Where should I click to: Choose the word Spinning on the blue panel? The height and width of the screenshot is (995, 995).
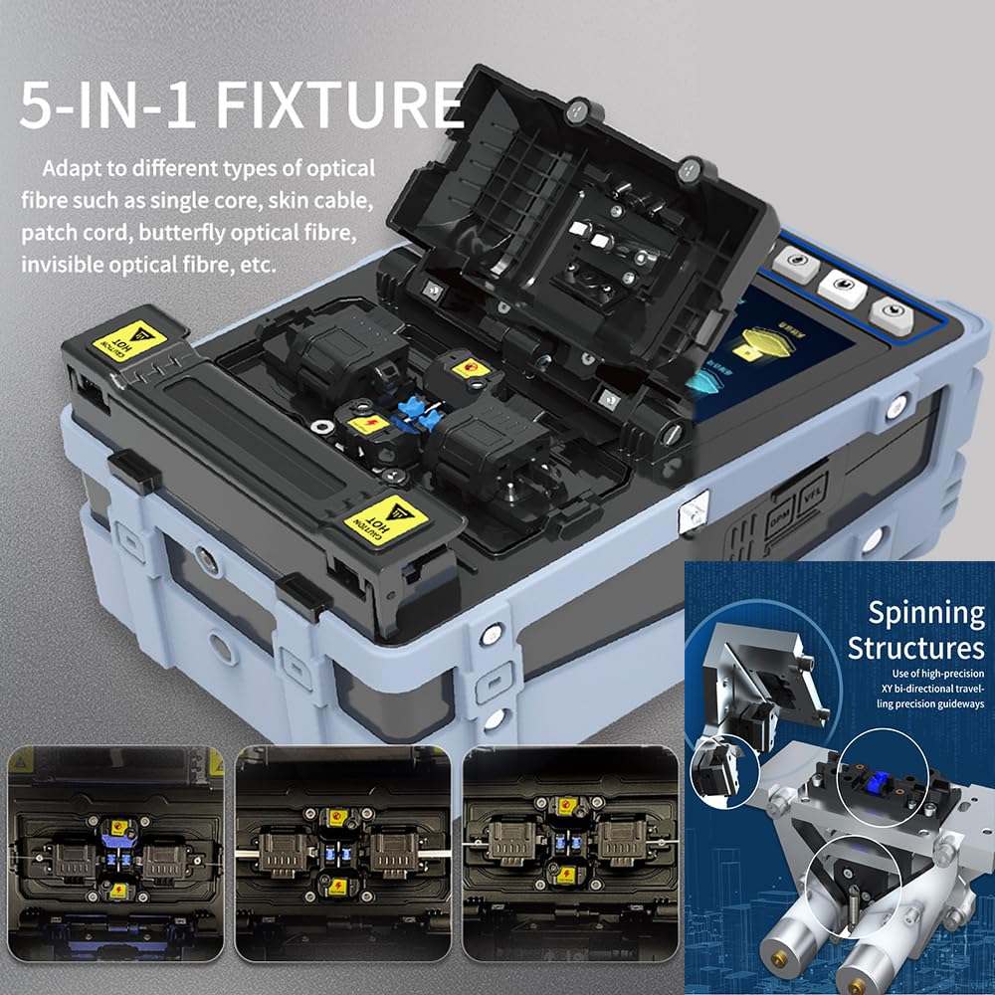click(x=925, y=612)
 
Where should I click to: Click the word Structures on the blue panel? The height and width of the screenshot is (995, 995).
click(x=915, y=649)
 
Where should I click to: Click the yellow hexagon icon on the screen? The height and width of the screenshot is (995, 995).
click(x=761, y=348)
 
